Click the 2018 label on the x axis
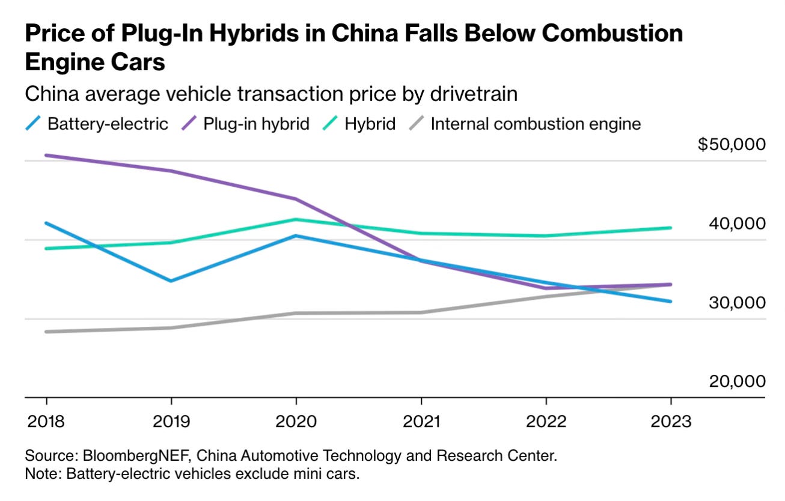(x=46, y=421)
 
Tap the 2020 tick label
(x=296, y=421)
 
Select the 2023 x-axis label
(x=671, y=421)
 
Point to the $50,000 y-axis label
(x=732, y=145)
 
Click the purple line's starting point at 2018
(x=46, y=155)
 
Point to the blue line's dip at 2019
(x=171, y=281)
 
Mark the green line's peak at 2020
(x=296, y=219)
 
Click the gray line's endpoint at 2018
(x=46, y=332)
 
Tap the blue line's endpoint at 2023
(x=671, y=302)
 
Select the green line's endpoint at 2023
(x=671, y=228)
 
